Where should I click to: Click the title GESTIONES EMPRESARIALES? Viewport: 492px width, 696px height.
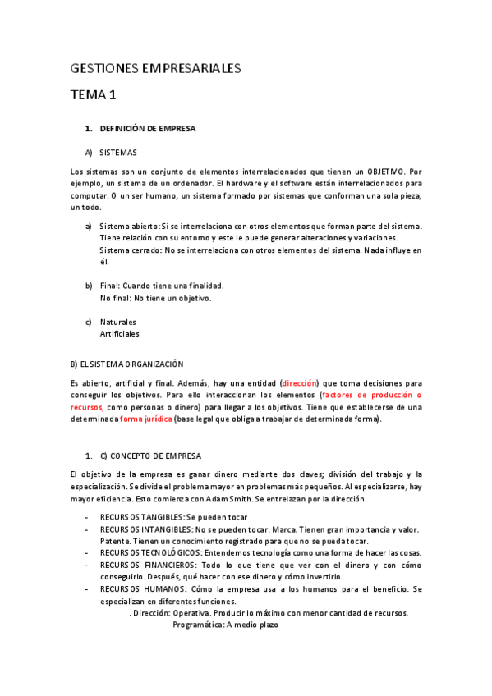156,69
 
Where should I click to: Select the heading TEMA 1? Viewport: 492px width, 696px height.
94,96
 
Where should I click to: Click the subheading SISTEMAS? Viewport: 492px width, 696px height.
118,153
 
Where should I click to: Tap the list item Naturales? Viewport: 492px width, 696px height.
117,322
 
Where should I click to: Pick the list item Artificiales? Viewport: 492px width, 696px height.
119,334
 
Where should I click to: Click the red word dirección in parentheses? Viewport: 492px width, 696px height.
299,383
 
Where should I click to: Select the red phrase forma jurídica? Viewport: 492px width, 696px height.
145,419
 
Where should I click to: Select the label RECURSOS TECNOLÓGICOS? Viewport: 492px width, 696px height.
149,553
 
